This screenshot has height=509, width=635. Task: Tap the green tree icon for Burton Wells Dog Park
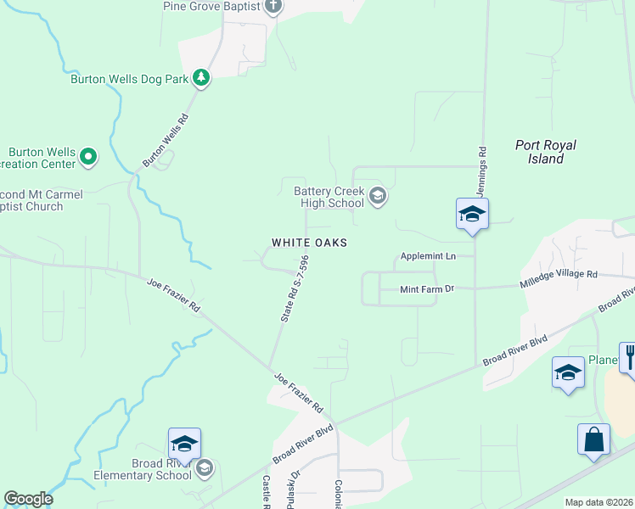click(201, 79)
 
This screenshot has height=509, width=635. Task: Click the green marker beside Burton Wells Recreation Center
click(88, 156)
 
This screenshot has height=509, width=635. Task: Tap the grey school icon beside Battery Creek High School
click(378, 198)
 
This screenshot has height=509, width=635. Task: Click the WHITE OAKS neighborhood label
click(309, 243)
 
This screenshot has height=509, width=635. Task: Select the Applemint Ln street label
click(428, 255)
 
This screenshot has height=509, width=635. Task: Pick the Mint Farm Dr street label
click(427, 289)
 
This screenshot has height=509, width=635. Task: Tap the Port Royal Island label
click(540, 152)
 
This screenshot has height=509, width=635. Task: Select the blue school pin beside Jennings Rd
click(472, 215)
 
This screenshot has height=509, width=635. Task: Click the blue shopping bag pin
click(593, 439)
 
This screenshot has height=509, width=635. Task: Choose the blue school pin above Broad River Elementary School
click(184, 445)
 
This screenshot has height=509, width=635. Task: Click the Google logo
click(28, 500)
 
